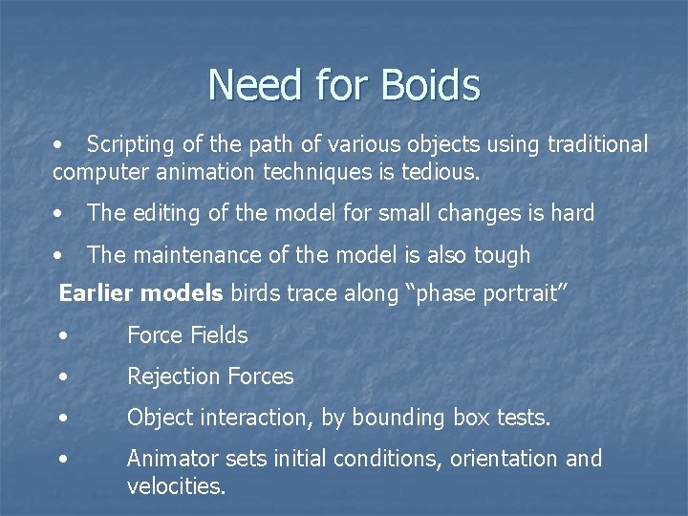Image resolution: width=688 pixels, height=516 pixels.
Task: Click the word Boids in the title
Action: (429, 85)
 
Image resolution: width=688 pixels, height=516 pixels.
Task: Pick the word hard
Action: (572, 213)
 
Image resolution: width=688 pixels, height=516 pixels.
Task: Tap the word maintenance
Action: (198, 255)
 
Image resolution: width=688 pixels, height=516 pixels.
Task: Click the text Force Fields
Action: (187, 335)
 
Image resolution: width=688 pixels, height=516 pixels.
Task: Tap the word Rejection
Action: (169, 376)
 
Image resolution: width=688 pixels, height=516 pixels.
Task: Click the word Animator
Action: (171, 459)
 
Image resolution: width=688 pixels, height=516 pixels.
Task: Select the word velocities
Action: (176, 486)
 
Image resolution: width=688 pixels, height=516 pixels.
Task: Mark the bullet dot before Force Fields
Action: (62, 336)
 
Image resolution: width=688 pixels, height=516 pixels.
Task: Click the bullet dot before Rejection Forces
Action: (62, 377)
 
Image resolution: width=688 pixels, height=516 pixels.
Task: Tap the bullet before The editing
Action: (59, 214)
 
